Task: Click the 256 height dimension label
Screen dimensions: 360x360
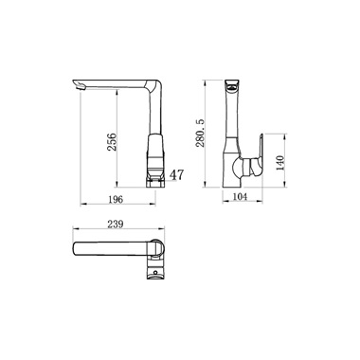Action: [112, 142]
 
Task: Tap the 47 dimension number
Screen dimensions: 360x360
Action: [177, 174]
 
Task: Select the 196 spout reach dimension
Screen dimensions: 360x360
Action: [116, 199]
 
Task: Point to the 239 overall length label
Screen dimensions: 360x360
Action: [116, 224]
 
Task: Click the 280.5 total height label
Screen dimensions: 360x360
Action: [200, 133]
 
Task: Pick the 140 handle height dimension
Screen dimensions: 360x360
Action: [280, 163]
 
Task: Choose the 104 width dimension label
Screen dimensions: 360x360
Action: [240, 196]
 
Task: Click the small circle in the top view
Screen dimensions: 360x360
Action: [155, 272]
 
